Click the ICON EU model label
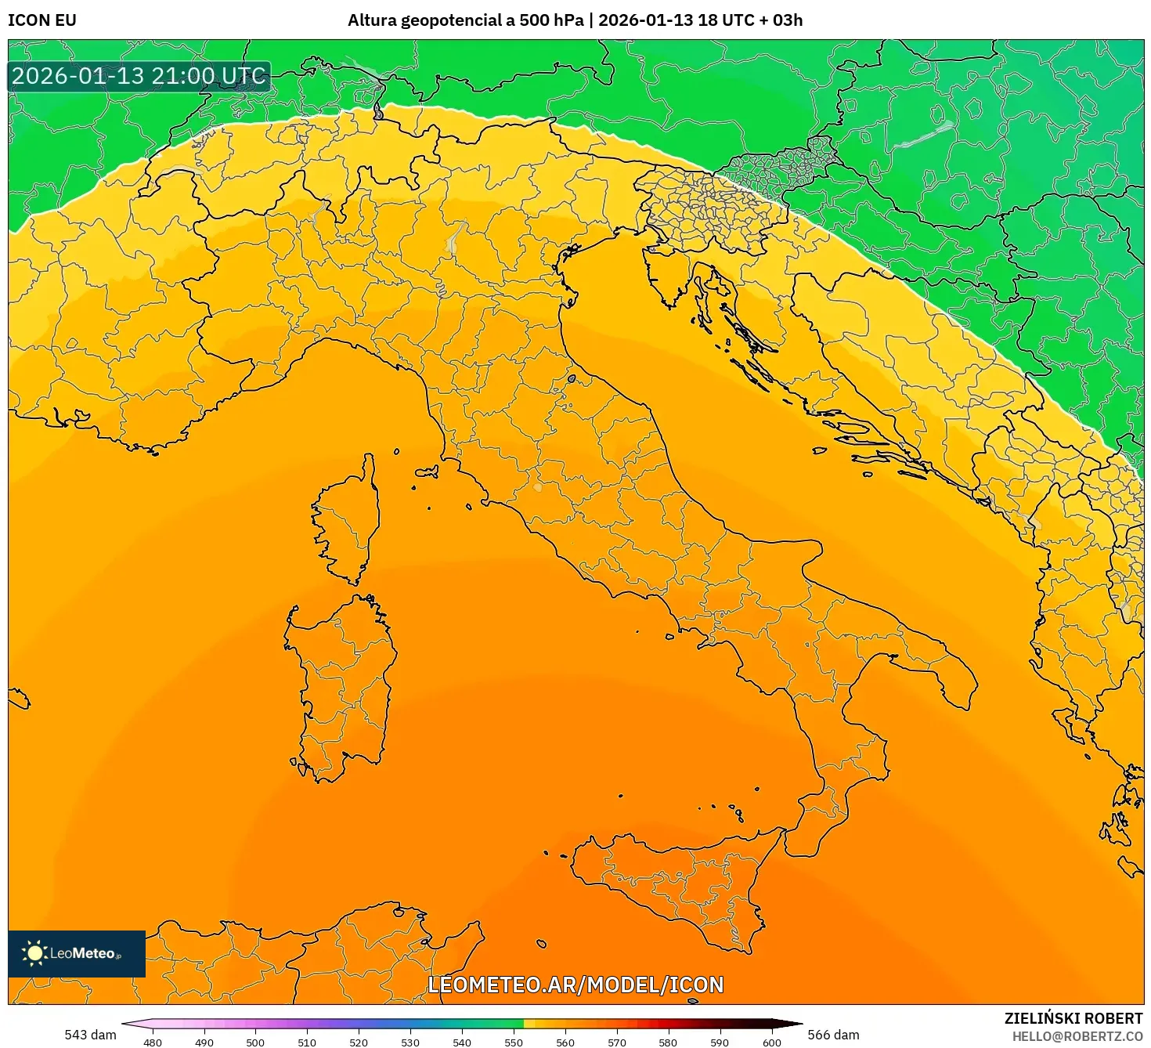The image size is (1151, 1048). click(42, 20)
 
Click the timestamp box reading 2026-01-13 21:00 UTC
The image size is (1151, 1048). click(139, 77)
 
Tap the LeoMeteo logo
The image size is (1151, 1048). click(76, 953)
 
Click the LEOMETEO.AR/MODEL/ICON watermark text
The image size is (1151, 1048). click(575, 985)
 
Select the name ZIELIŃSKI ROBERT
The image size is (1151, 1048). click(1073, 1018)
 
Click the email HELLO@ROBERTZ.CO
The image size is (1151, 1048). click(1077, 1036)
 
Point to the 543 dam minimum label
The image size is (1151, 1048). click(90, 1035)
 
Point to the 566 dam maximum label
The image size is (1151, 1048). click(833, 1035)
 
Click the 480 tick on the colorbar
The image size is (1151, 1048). click(153, 1042)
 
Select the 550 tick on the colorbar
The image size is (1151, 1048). click(514, 1042)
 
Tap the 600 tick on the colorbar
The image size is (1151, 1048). click(771, 1042)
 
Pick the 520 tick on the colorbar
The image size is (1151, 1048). click(359, 1042)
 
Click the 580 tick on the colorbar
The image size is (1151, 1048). click(668, 1042)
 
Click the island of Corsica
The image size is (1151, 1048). click(348, 521)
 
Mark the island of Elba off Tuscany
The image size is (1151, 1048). click(427, 472)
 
